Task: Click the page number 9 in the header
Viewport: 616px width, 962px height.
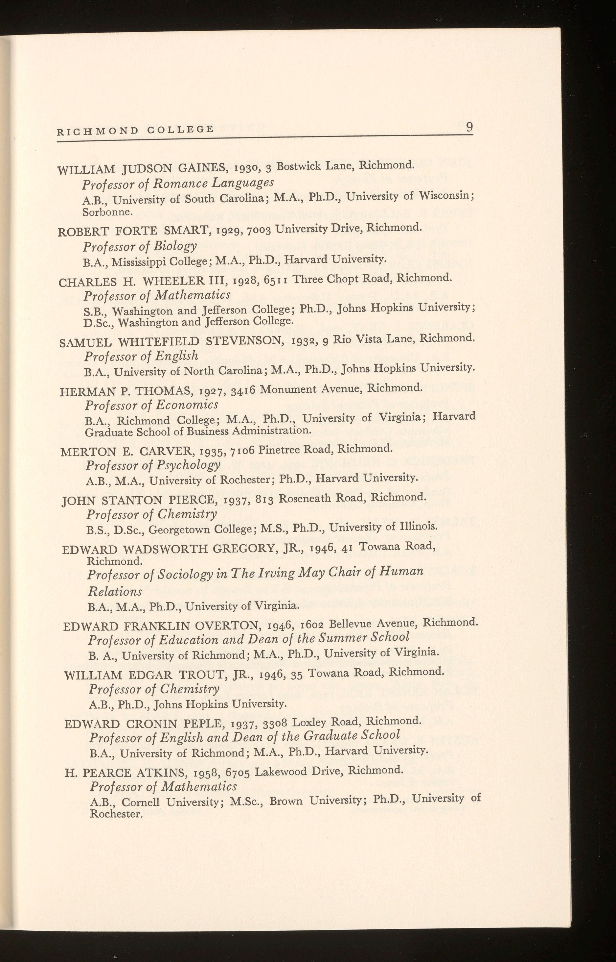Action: click(469, 127)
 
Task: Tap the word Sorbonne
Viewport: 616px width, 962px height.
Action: click(107, 212)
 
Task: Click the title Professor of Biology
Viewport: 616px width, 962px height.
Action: click(140, 246)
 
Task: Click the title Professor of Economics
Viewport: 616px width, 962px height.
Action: click(151, 405)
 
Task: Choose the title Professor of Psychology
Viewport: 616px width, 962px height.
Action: click(153, 465)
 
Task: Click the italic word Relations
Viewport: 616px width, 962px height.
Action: click(115, 591)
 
